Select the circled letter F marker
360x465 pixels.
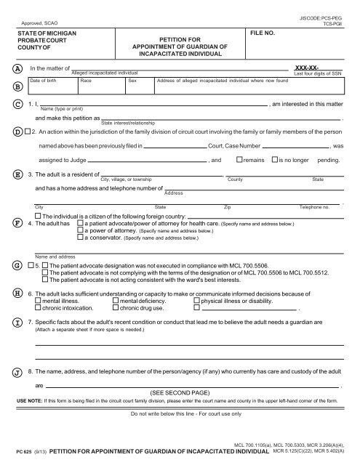coord(16,222)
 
